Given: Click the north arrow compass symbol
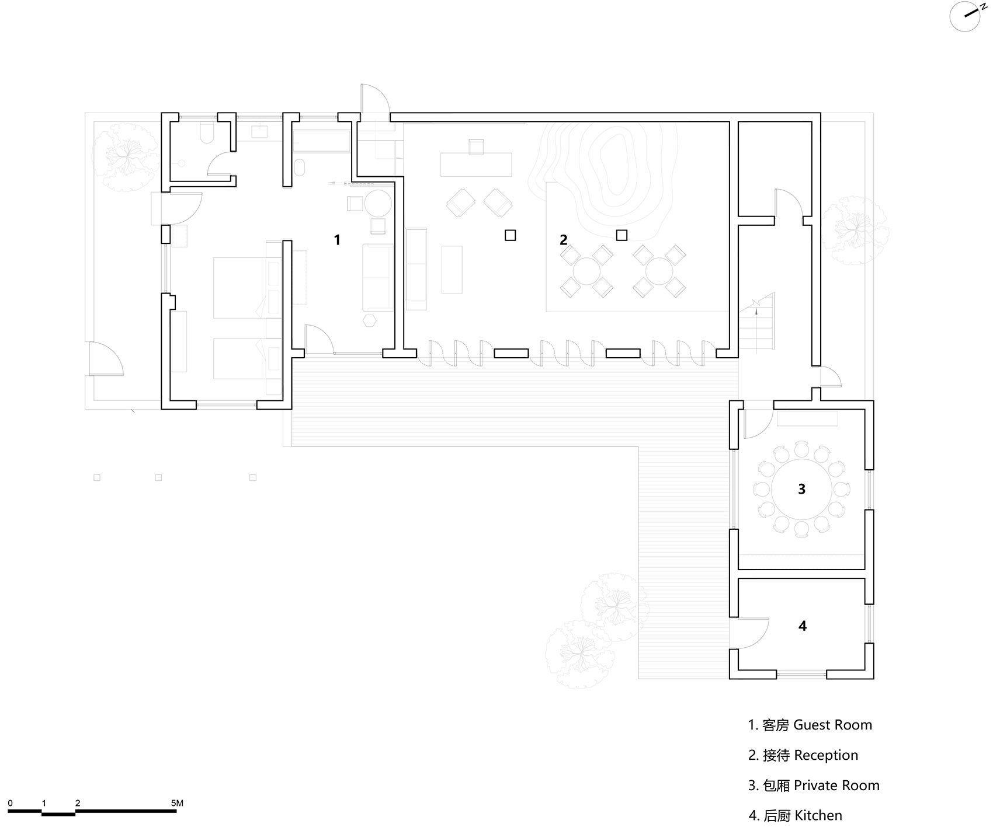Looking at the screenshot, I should click(x=964, y=16).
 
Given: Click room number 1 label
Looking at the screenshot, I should click(x=337, y=239).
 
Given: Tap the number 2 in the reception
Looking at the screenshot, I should click(x=563, y=240).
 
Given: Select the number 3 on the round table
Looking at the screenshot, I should click(x=801, y=489).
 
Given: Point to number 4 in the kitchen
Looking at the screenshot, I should click(x=802, y=626).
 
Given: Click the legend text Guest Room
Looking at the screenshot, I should click(x=832, y=725).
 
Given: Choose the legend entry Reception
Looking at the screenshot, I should click(x=826, y=755).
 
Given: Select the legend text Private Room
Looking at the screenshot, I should click(x=836, y=785).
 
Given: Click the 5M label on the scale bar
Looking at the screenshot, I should click(x=177, y=803).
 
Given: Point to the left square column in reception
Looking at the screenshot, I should click(x=510, y=235).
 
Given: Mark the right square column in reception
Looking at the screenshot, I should click(x=622, y=235).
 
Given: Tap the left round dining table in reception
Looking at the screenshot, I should click(x=586, y=271).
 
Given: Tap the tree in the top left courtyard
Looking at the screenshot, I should click(x=125, y=155).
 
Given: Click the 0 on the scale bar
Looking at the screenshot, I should click(x=11, y=803).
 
